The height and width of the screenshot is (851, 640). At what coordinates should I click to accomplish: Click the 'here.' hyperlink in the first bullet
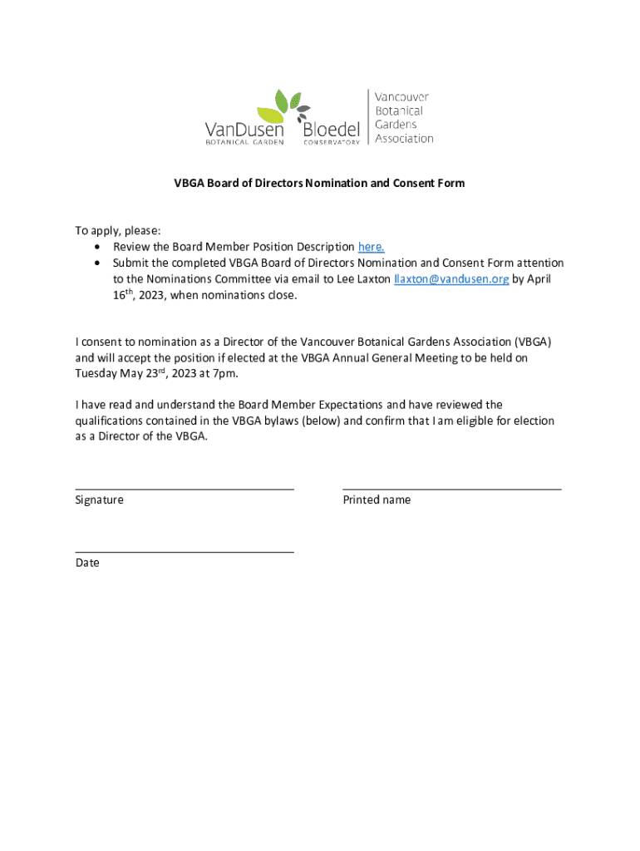(371, 247)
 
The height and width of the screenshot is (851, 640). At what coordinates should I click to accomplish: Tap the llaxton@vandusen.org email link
(451, 279)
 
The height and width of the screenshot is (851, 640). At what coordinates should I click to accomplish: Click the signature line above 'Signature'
(184, 489)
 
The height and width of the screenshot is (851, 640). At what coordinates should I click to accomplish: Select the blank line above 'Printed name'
(451, 489)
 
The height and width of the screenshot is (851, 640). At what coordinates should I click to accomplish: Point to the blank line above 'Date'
(184, 551)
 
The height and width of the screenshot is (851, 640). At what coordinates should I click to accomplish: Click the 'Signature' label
(99, 500)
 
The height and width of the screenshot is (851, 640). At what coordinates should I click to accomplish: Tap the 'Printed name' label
(377, 500)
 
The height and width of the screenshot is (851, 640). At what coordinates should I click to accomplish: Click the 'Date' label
(86, 563)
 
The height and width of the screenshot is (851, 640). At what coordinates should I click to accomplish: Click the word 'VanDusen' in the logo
(244, 130)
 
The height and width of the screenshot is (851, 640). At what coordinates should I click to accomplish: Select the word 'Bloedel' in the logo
(332, 130)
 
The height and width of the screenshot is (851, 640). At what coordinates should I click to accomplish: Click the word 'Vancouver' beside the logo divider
(401, 97)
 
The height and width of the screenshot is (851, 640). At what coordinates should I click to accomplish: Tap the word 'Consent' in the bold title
(412, 183)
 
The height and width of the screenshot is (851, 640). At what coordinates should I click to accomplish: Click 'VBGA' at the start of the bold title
(187, 183)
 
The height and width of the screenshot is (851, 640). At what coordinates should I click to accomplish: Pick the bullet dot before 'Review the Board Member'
(99, 248)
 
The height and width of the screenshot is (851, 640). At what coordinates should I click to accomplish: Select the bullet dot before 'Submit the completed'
(99, 263)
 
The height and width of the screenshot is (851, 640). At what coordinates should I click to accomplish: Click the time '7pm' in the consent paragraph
(214, 373)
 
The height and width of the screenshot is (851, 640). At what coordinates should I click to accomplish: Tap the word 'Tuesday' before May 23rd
(96, 373)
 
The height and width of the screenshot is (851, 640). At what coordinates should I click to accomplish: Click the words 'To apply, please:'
(118, 231)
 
